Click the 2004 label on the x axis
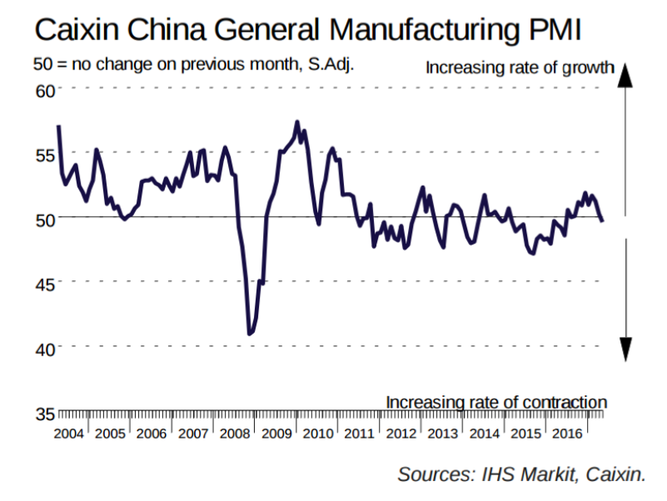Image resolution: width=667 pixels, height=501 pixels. pos(68,434)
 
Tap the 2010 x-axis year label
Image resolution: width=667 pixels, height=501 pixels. pos(318,434)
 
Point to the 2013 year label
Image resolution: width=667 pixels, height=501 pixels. pos(443,434)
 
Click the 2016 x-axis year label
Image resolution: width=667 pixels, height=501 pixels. pos(568,434)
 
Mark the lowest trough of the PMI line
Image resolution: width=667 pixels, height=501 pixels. pos(250,334)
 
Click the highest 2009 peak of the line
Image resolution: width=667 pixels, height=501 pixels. pos(297,122)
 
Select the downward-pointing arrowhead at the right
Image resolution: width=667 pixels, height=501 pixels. pos(626,350)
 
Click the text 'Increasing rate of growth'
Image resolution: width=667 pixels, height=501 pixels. pos(520,67)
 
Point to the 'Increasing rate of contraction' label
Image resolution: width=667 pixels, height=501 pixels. pos(496,402)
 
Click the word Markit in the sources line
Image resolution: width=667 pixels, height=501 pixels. pos(546,474)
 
